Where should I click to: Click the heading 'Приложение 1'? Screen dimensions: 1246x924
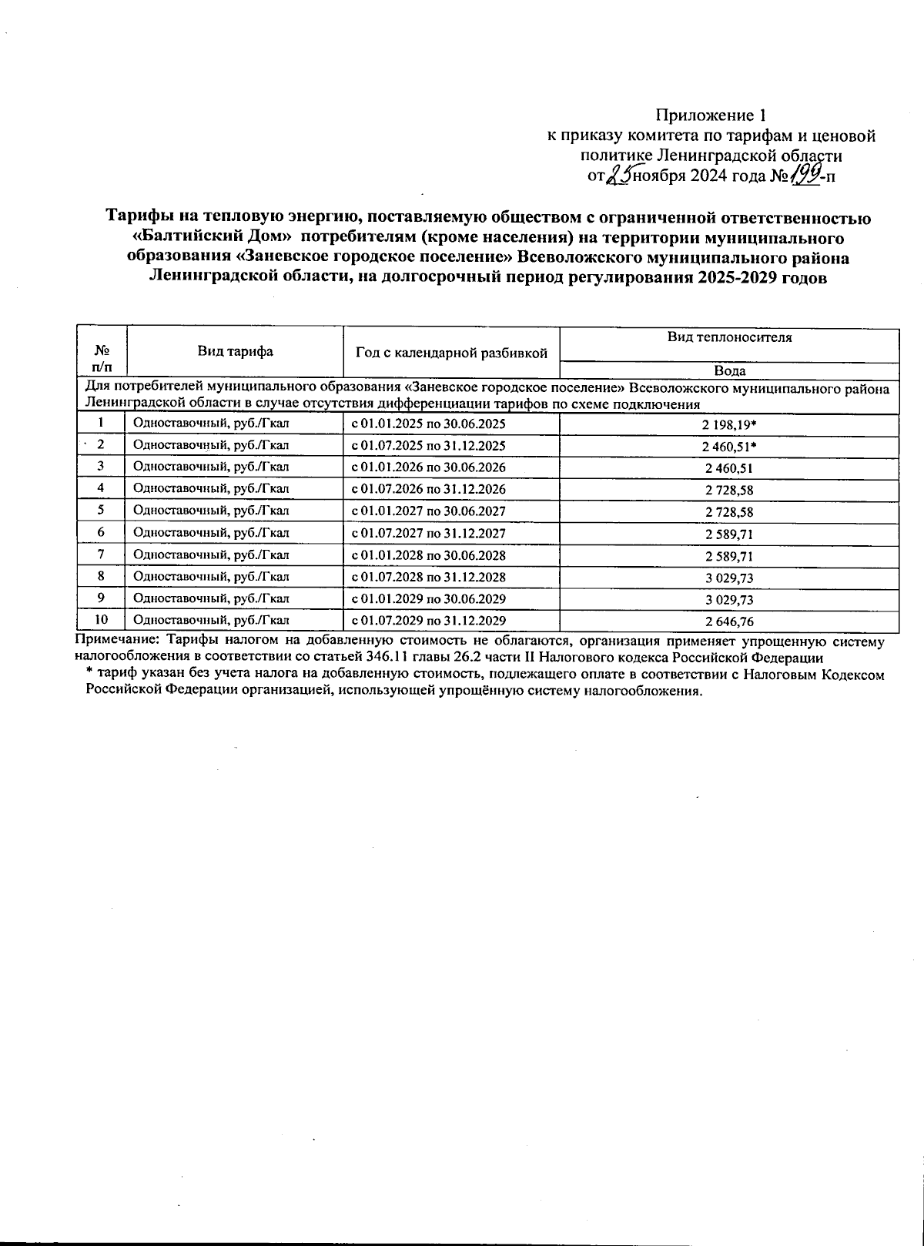710,116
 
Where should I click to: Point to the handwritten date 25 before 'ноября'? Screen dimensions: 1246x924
618,176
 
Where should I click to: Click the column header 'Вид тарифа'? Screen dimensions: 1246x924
235,352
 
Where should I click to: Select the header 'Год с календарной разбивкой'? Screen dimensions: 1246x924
451,353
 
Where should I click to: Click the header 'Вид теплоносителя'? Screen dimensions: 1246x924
729,337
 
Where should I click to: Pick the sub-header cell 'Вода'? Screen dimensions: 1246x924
729,370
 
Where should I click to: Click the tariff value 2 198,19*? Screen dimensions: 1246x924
730,424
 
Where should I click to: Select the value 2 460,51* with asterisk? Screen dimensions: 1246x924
730,445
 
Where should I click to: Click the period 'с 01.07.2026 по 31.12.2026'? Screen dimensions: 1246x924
428,489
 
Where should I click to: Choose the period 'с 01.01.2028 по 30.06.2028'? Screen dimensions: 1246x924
428,554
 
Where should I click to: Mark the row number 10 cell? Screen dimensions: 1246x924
100,620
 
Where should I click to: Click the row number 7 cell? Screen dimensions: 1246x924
100,554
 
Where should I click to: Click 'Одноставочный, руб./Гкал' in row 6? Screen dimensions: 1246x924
211,533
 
